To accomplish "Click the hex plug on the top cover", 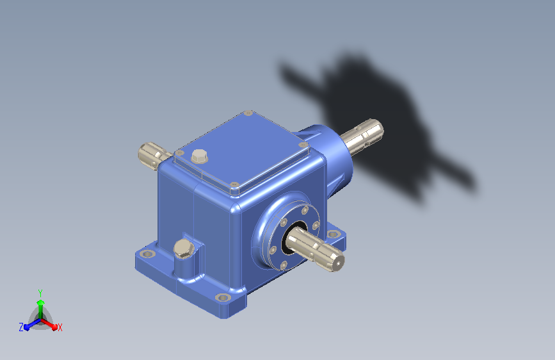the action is tap(200, 156).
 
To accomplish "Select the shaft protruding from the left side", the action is tap(153, 156).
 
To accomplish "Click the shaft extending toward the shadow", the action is tap(362, 136).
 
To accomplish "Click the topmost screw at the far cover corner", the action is tap(249, 113).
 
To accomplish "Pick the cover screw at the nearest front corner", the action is tap(234, 184).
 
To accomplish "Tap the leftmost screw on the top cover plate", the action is tap(180, 152).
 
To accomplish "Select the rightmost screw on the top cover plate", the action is tap(303, 145).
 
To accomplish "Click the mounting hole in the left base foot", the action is tap(148, 254).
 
